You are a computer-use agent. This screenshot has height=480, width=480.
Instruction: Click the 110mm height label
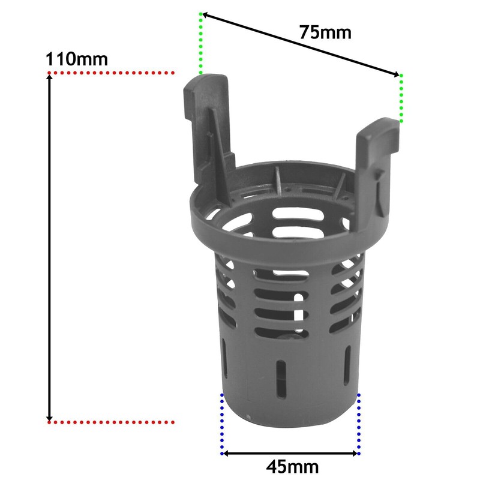(76, 59)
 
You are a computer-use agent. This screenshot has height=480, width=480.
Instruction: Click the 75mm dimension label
(325, 32)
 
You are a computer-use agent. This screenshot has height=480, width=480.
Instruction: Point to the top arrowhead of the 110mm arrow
(50, 79)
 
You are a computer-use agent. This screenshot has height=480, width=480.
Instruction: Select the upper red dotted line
(111, 73)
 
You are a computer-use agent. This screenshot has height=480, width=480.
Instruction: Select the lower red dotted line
(111, 422)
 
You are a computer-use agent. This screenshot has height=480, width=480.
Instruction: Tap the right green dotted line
(401, 98)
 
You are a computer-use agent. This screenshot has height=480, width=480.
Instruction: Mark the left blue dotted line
(223, 424)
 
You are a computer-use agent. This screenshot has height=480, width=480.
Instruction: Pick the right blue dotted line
(359, 424)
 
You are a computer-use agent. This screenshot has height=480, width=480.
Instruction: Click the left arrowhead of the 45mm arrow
(227, 453)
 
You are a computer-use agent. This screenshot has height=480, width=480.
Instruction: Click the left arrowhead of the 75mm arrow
(204, 14)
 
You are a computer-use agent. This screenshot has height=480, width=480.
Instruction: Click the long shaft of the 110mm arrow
(50, 246)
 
